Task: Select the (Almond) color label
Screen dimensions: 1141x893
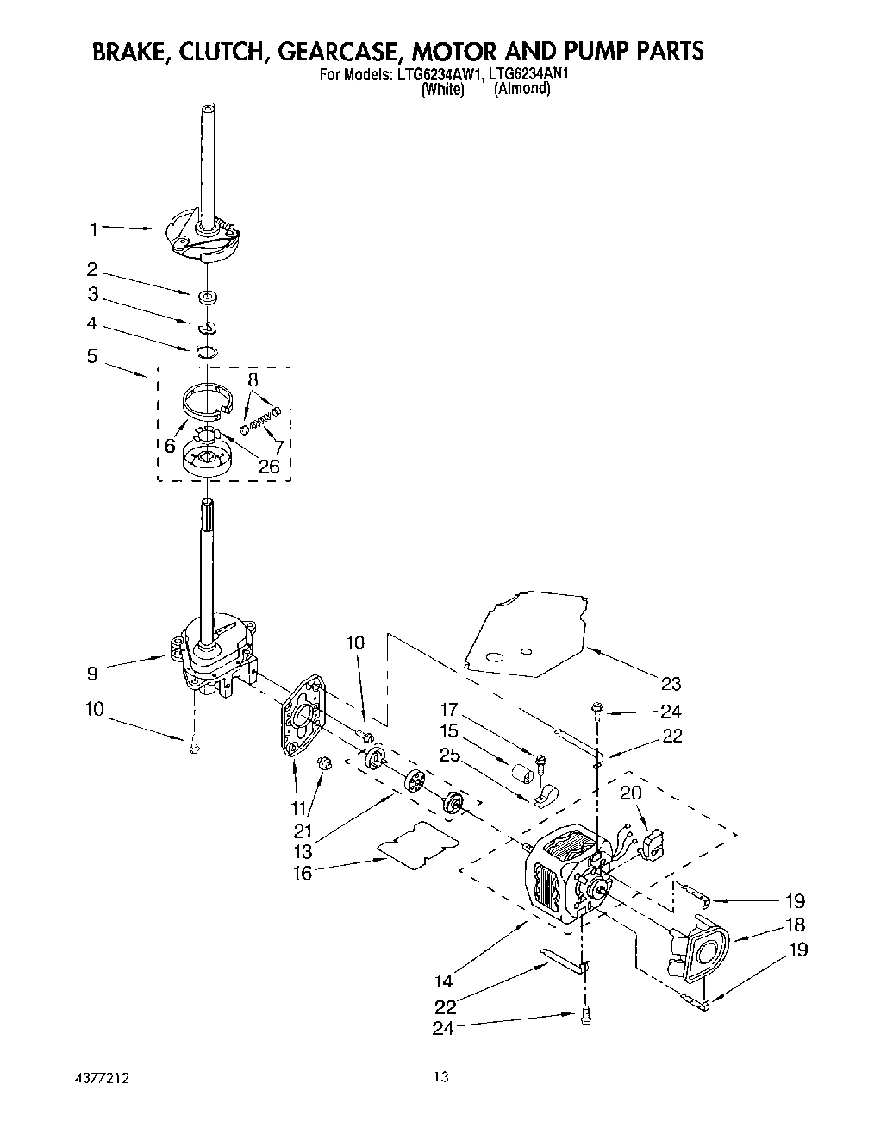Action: [x=521, y=89]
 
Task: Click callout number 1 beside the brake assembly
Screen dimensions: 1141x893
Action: [x=94, y=229]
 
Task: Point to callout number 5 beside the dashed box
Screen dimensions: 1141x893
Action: [x=92, y=355]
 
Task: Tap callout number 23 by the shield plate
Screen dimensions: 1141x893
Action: [x=671, y=684]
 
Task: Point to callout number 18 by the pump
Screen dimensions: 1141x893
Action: [x=796, y=925]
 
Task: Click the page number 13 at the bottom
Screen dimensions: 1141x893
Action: [x=441, y=1077]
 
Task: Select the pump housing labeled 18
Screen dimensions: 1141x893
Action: [x=703, y=951]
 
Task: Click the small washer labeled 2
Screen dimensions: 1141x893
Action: [x=207, y=298]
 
